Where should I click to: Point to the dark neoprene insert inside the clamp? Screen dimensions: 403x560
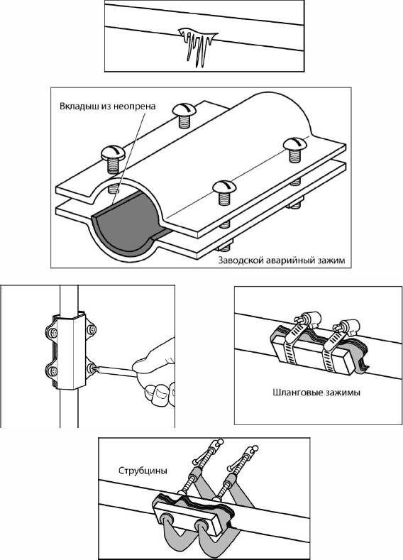click(x=125, y=225)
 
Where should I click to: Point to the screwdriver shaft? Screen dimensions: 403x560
click(x=116, y=372)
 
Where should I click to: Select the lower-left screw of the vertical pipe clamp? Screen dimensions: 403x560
click(x=52, y=370)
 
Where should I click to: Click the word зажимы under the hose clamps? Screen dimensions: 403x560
click(x=343, y=393)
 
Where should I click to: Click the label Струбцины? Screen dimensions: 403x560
click(x=143, y=471)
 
